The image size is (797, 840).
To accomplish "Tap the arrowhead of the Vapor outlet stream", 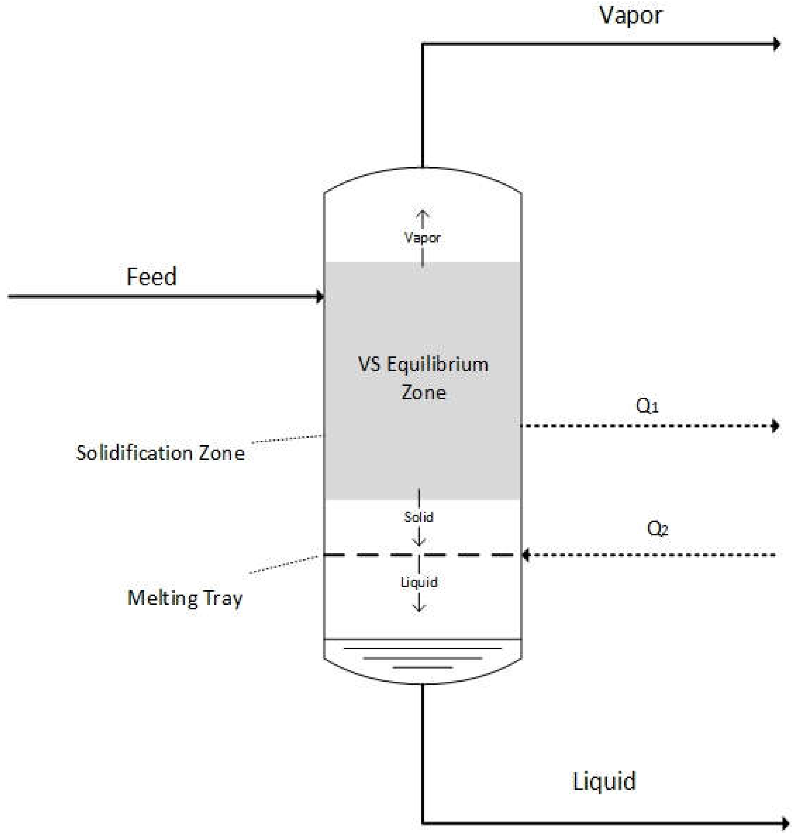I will point(777,44).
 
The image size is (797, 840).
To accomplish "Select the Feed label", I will point(151,277).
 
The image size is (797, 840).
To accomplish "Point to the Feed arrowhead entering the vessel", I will point(320,296).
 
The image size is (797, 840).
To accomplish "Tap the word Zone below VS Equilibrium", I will point(424,393).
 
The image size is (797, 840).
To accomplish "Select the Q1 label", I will point(647,406).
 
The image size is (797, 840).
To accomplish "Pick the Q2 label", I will point(657,529).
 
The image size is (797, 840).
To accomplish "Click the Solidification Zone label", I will point(160,453).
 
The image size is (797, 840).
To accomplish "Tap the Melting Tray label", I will point(185,599).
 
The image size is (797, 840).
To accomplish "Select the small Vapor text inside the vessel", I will point(422,238).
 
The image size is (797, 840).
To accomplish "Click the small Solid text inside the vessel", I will point(419,517).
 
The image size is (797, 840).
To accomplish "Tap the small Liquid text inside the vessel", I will point(419,582).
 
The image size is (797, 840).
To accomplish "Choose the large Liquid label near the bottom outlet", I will point(604,781).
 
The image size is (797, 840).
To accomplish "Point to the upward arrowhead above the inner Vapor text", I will point(422,213).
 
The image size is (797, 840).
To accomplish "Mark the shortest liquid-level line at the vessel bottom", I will point(422,668).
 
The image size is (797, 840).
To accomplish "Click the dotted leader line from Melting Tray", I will point(284,564).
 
